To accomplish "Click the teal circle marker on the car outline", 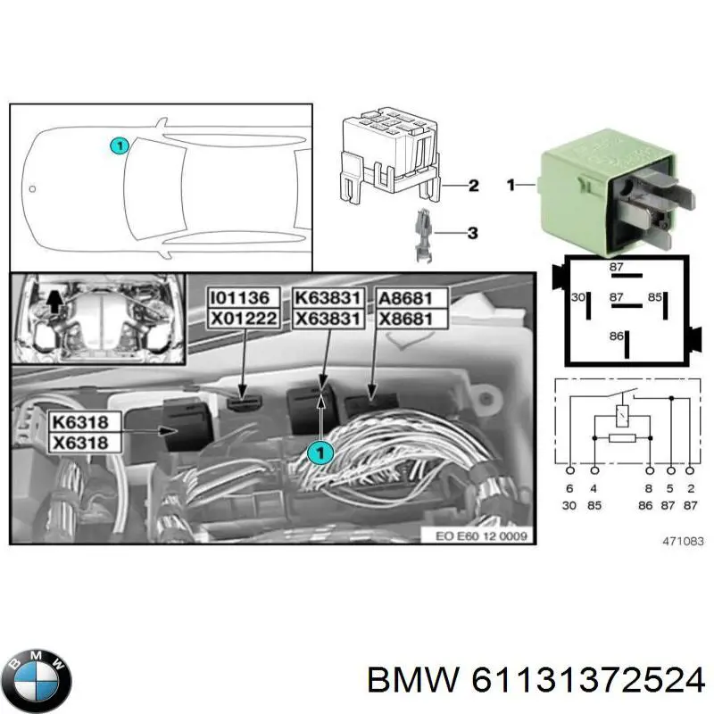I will [118, 145].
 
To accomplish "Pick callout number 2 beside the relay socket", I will [473, 186].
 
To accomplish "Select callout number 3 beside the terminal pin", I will [473, 234].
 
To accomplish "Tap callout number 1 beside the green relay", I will [511, 186].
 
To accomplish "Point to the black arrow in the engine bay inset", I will [55, 303].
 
